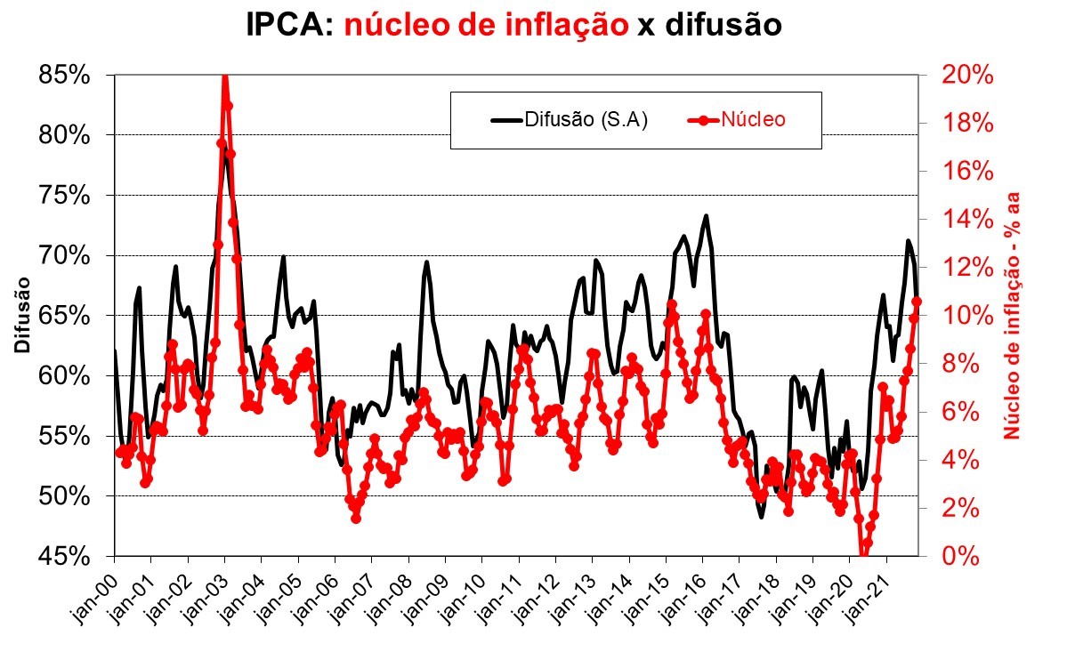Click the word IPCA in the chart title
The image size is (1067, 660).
(287, 26)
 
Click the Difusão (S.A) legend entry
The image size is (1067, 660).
(570, 119)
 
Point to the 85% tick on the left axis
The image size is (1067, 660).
(65, 76)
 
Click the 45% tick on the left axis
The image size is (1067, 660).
(65, 556)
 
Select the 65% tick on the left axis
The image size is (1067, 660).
(65, 316)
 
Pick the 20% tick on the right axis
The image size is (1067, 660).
(967, 76)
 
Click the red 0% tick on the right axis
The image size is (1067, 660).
(961, 556)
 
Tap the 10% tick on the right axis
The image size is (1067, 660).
(967, 316)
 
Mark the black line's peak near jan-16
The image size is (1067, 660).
(706, 215)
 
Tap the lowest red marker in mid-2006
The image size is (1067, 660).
(356, 517)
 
